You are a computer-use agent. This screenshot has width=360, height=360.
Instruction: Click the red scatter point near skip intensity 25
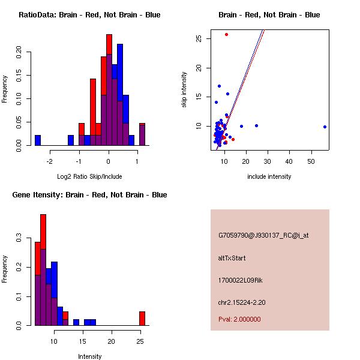point(226,34)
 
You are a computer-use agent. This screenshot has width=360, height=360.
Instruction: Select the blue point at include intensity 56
point(325,127)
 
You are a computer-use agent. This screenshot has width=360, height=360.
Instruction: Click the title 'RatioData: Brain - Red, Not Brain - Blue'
point(89,15)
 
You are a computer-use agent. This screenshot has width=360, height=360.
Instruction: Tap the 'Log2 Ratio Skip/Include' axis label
point(89,176)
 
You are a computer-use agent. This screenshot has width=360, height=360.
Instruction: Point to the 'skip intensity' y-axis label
point(185,90)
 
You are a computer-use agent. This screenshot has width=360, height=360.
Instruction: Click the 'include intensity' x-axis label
point(269,176)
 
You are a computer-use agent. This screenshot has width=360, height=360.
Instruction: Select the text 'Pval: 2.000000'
point(239,319)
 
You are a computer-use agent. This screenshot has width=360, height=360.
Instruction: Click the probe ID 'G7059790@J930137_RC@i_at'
point(263,236)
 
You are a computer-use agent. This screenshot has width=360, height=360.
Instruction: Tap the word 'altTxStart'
point(232,258)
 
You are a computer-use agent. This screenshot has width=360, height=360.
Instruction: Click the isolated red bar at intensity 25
point(142,318)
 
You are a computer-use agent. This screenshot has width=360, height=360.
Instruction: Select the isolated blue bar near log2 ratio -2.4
point(38,140)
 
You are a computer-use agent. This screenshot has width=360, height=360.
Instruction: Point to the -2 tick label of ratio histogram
point(50,161)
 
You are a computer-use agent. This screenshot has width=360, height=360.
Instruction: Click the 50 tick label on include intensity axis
point(311,161)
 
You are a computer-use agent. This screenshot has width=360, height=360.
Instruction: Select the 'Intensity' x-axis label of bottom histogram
point(89,356)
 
